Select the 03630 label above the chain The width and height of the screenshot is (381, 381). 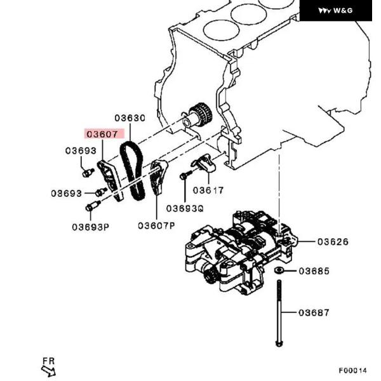(x=130, y=118)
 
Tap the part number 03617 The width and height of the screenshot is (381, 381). (x=208, y=189)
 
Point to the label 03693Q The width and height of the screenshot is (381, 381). (x=185, y=208)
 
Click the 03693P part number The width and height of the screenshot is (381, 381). (x=90, y=225)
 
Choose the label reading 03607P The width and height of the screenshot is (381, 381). (x=156, y=225)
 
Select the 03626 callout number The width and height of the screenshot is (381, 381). (x=333, y=242)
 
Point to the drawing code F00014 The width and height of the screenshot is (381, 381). (x=352, y=370)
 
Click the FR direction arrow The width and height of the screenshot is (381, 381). (x=48, y=367)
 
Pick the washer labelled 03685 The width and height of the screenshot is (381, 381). (x=279, y=271)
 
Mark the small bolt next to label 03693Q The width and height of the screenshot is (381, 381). (x=184, y=176)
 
